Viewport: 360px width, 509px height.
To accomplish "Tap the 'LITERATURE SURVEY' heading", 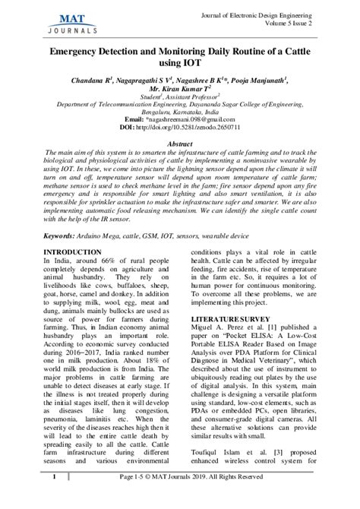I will click(230, 320).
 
